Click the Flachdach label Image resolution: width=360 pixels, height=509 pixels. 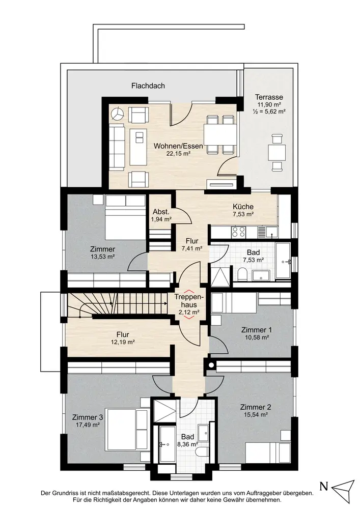148,86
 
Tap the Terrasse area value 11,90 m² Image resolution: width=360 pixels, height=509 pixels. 269,104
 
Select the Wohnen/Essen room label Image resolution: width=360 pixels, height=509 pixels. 178,146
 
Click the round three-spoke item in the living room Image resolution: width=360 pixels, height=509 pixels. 117,114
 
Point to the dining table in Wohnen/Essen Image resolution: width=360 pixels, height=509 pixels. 220,135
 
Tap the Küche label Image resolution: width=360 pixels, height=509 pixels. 243,207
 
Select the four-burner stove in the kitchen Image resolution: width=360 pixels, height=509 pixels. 238,232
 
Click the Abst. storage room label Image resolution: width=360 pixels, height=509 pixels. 161,212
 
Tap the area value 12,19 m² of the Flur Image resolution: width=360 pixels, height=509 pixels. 122,342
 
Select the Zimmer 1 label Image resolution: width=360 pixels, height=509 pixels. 257,330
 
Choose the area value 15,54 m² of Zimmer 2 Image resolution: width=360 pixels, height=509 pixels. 256,414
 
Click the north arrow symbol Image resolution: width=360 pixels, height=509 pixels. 344,487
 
